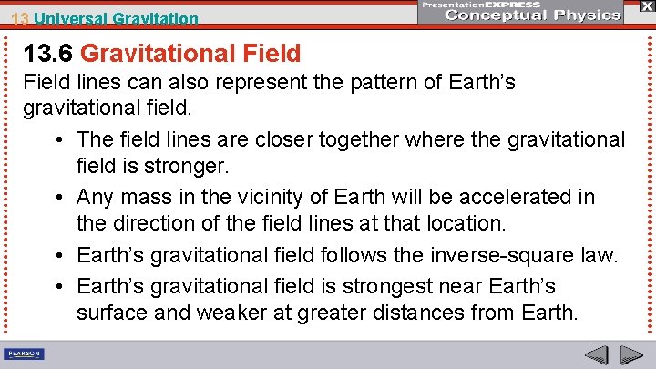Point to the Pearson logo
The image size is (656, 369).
click(25, 354)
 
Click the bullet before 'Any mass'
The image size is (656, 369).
click(58, 197)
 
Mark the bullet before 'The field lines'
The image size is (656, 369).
click(58, 139)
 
